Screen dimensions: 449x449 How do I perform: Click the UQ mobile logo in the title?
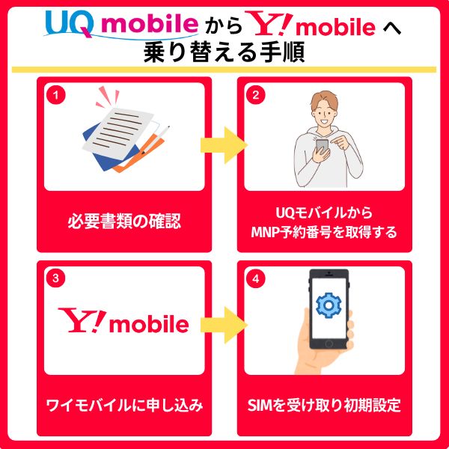(118, 23)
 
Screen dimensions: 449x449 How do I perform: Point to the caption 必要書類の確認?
(124, 222)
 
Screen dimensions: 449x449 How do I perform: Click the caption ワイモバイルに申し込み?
(124, 406)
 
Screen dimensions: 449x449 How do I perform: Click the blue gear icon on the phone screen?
(328, 305)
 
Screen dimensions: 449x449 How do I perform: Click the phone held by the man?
(323, 146)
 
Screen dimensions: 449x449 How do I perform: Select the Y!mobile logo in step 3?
(124, 322)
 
